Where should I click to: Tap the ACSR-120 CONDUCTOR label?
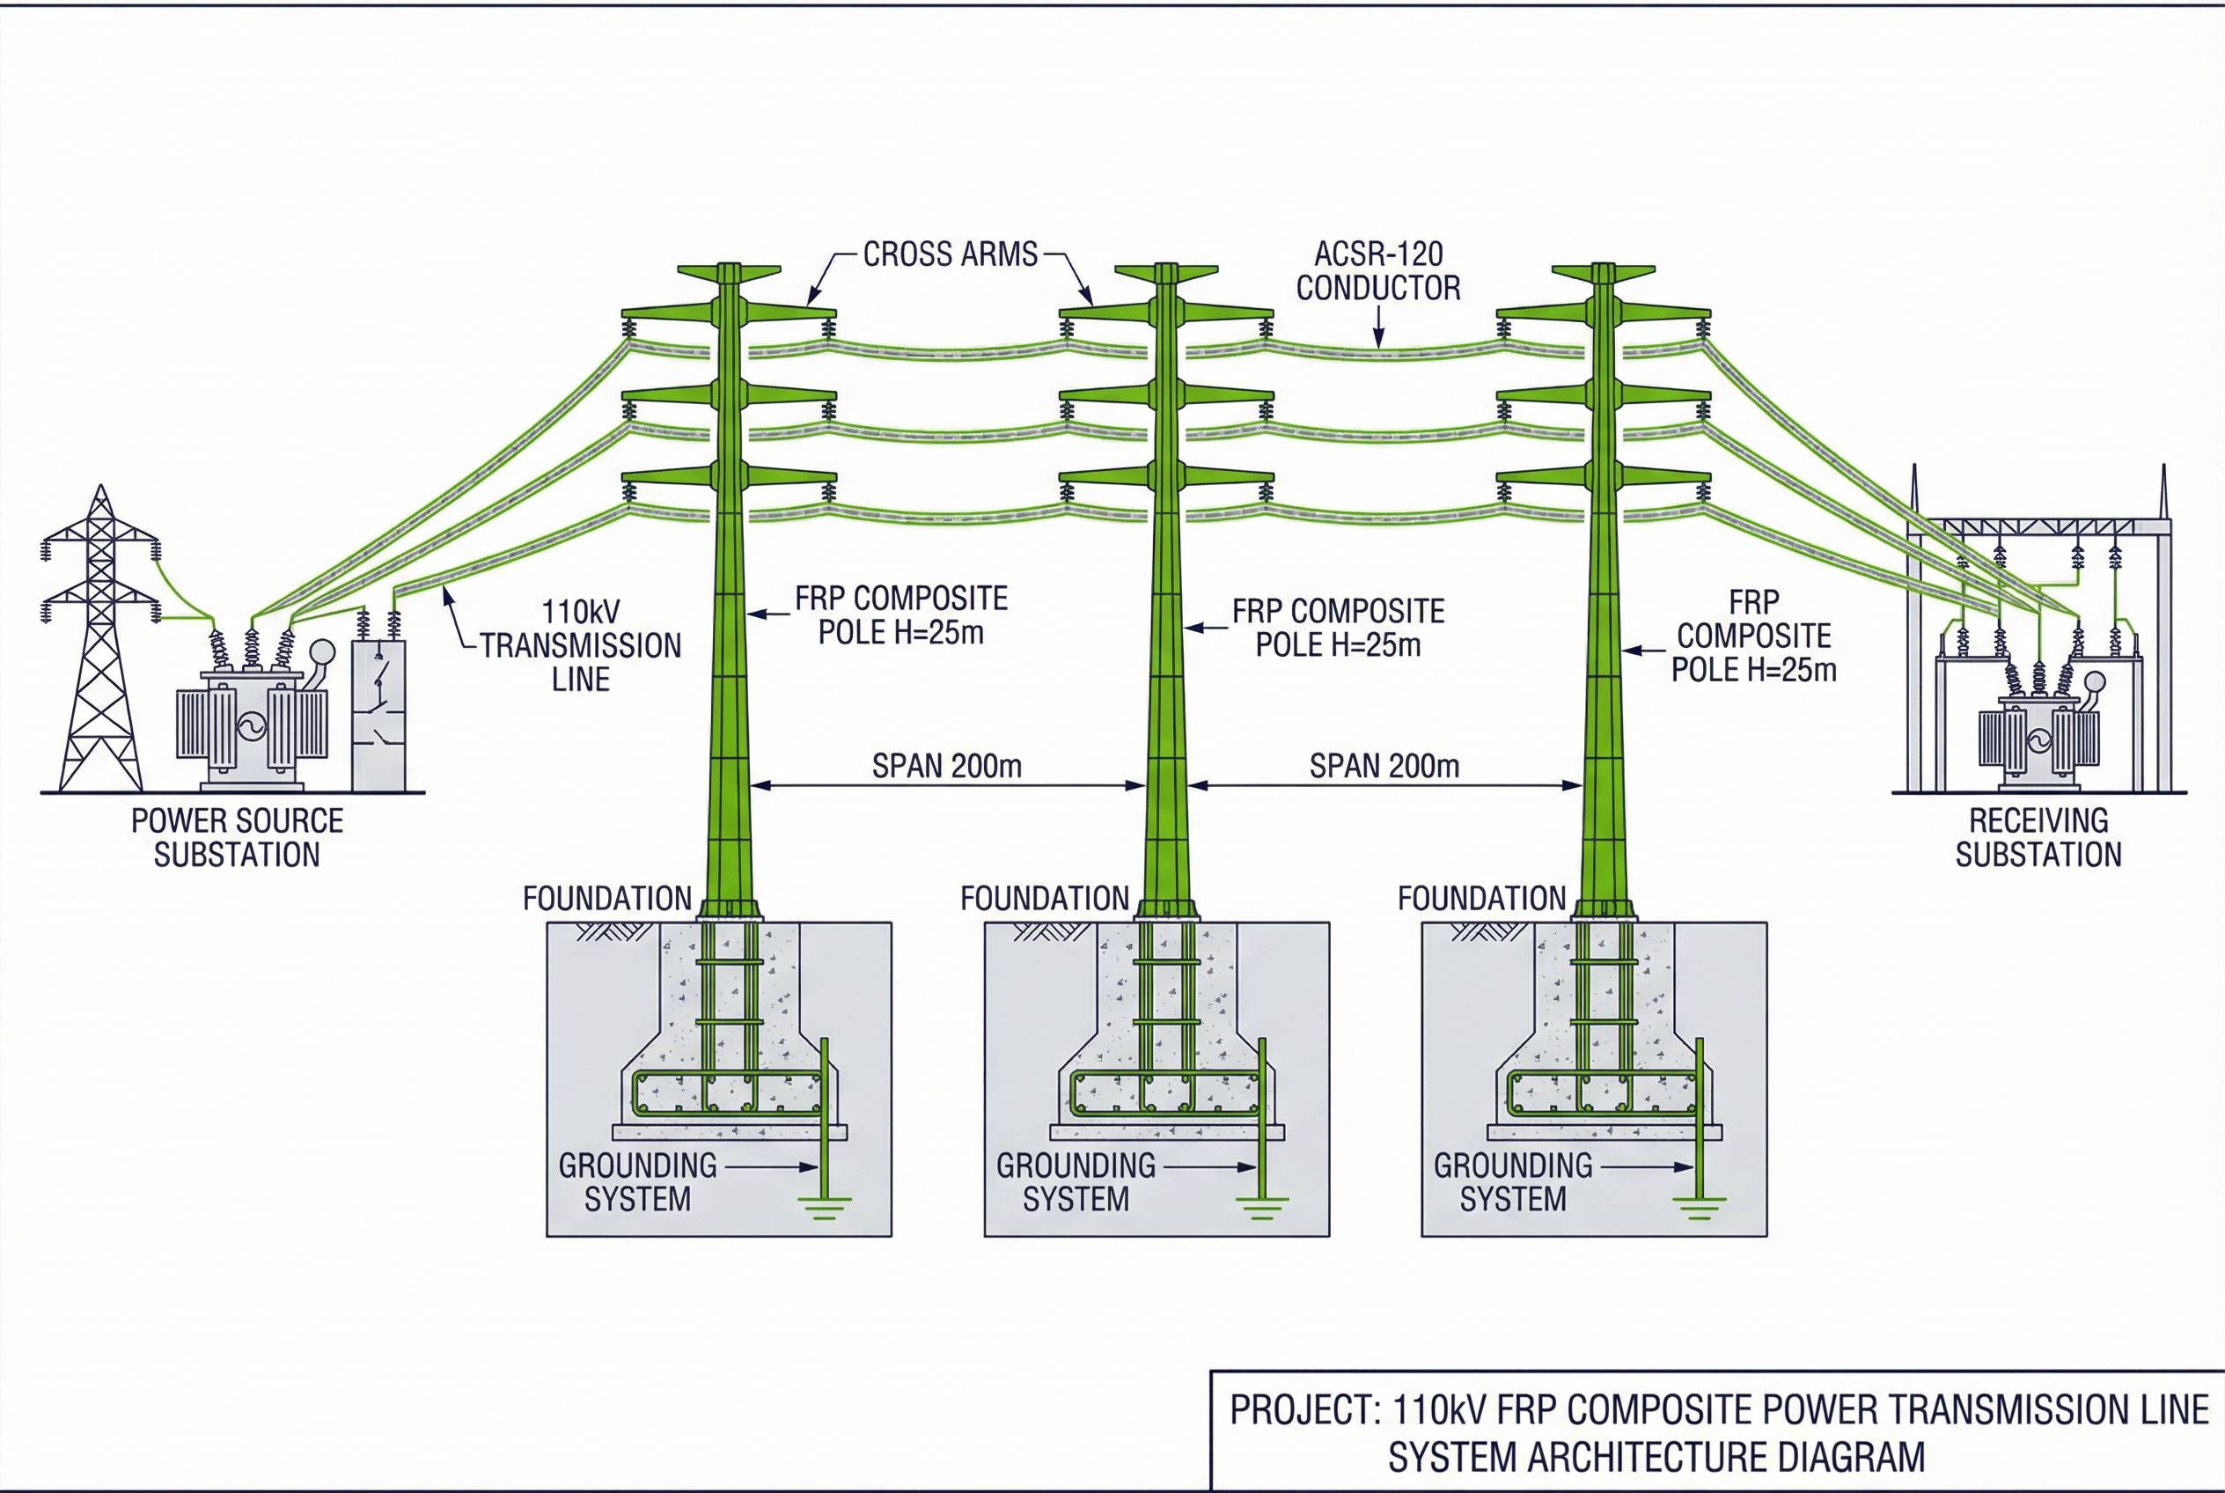coord(1377,271)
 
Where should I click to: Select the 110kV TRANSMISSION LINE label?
coord(580,645)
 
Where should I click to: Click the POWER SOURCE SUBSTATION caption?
coord(237,837)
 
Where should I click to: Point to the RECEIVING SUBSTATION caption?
coord(2038,837)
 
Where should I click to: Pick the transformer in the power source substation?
coord(252,724)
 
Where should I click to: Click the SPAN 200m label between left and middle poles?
coord(946,766)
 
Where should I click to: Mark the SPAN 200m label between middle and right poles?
coord(1384,766)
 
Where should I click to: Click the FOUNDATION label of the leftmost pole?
coord(606,898)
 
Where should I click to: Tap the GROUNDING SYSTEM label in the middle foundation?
coord(1075,1181)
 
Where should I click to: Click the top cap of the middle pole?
coord(1165,271)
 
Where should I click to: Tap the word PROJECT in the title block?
coord(1301,1410)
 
